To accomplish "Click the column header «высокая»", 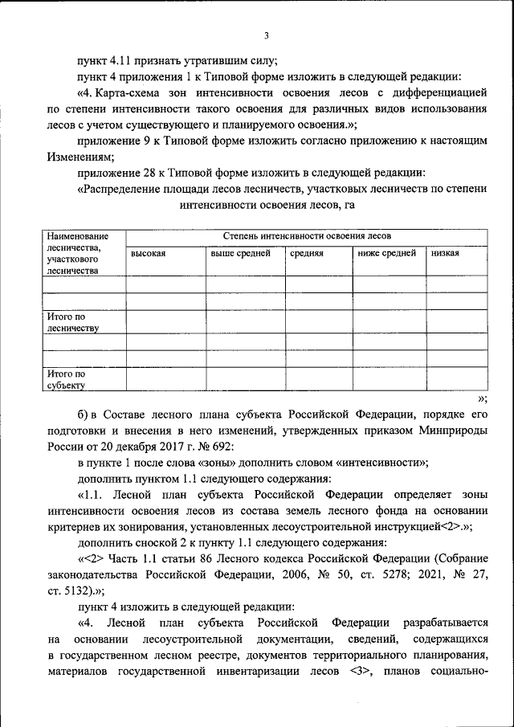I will tap(148, 253).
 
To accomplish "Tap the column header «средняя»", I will tap(306, 253).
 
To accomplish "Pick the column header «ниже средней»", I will tap(386, 253).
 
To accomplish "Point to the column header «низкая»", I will tap(445, 253).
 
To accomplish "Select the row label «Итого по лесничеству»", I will tap(72, 322).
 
